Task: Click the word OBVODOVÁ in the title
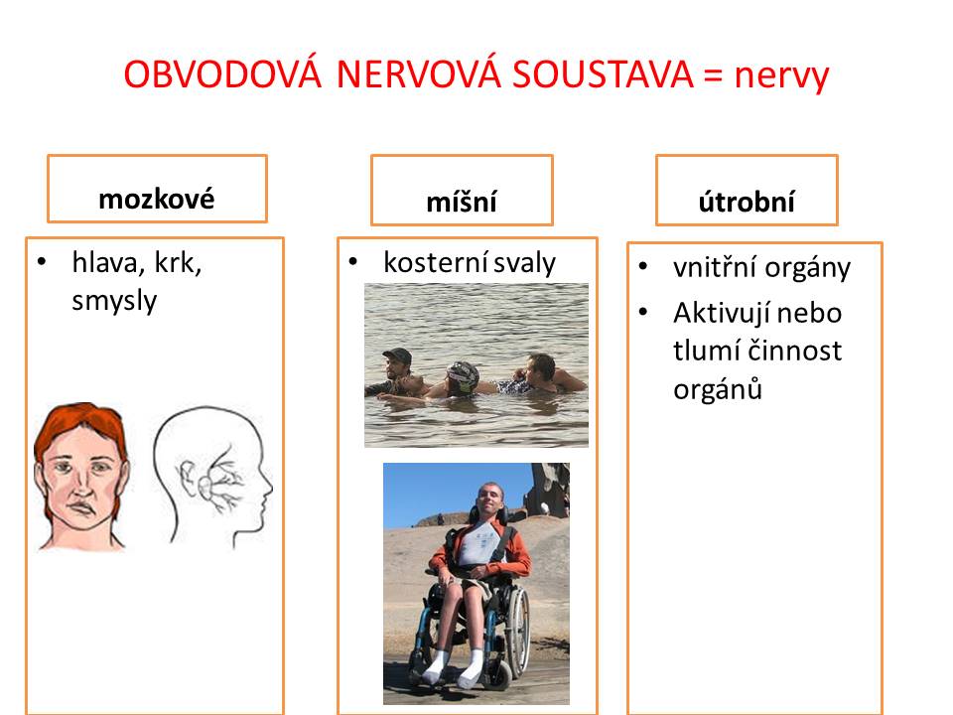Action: (222, 74)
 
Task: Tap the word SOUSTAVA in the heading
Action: (602, 74)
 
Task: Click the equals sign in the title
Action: (714, 76)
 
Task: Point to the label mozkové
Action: (157, 199)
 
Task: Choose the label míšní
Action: (462, 202)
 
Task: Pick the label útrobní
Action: (747, 202)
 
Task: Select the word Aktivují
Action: (722, 313)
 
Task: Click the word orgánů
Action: (717, 389)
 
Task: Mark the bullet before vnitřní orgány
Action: (643, 266)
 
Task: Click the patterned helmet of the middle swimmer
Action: (463, 374)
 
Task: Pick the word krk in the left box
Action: (178, 263)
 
